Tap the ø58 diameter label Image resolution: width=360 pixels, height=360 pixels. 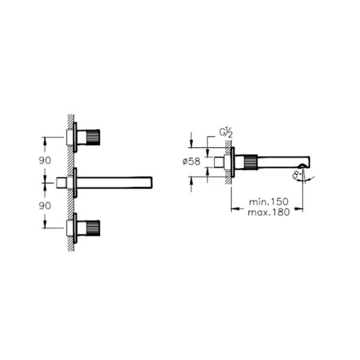(x=191, y=161)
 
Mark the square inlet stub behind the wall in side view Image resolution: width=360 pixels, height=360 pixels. (x=218, y=161)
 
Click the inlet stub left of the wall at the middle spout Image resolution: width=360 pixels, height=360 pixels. (x=61, y=182)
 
